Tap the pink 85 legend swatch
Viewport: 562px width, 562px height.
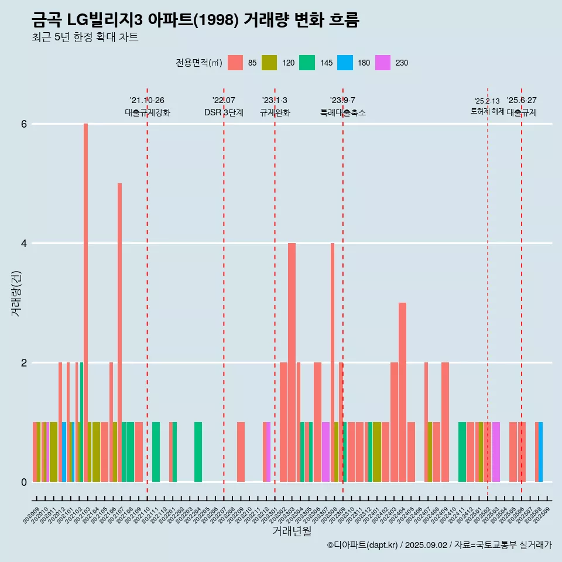[235, 63]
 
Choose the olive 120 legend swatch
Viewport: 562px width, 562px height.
[269, 63]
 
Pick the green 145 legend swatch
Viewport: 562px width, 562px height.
[307, 63]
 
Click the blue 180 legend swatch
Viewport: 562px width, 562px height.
[345, 63]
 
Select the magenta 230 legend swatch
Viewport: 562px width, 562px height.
[383, 63]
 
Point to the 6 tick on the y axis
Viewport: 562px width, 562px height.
[24, 124]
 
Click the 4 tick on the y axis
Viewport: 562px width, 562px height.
[24, 244]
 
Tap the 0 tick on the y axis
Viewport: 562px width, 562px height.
[24, 482]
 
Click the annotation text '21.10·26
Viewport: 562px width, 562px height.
[147, 100]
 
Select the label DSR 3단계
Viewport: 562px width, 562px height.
[224, 112]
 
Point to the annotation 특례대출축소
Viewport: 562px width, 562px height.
[343, 112]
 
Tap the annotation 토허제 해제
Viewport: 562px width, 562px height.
[487, 111]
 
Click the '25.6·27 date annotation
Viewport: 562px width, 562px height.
[522, 100]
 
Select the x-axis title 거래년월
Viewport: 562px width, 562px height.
[292, 531]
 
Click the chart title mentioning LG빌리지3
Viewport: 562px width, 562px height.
[195, 20]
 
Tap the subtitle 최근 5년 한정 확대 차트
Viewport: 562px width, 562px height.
[85, 37]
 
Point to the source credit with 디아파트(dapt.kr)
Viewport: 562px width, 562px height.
[439, 545]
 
